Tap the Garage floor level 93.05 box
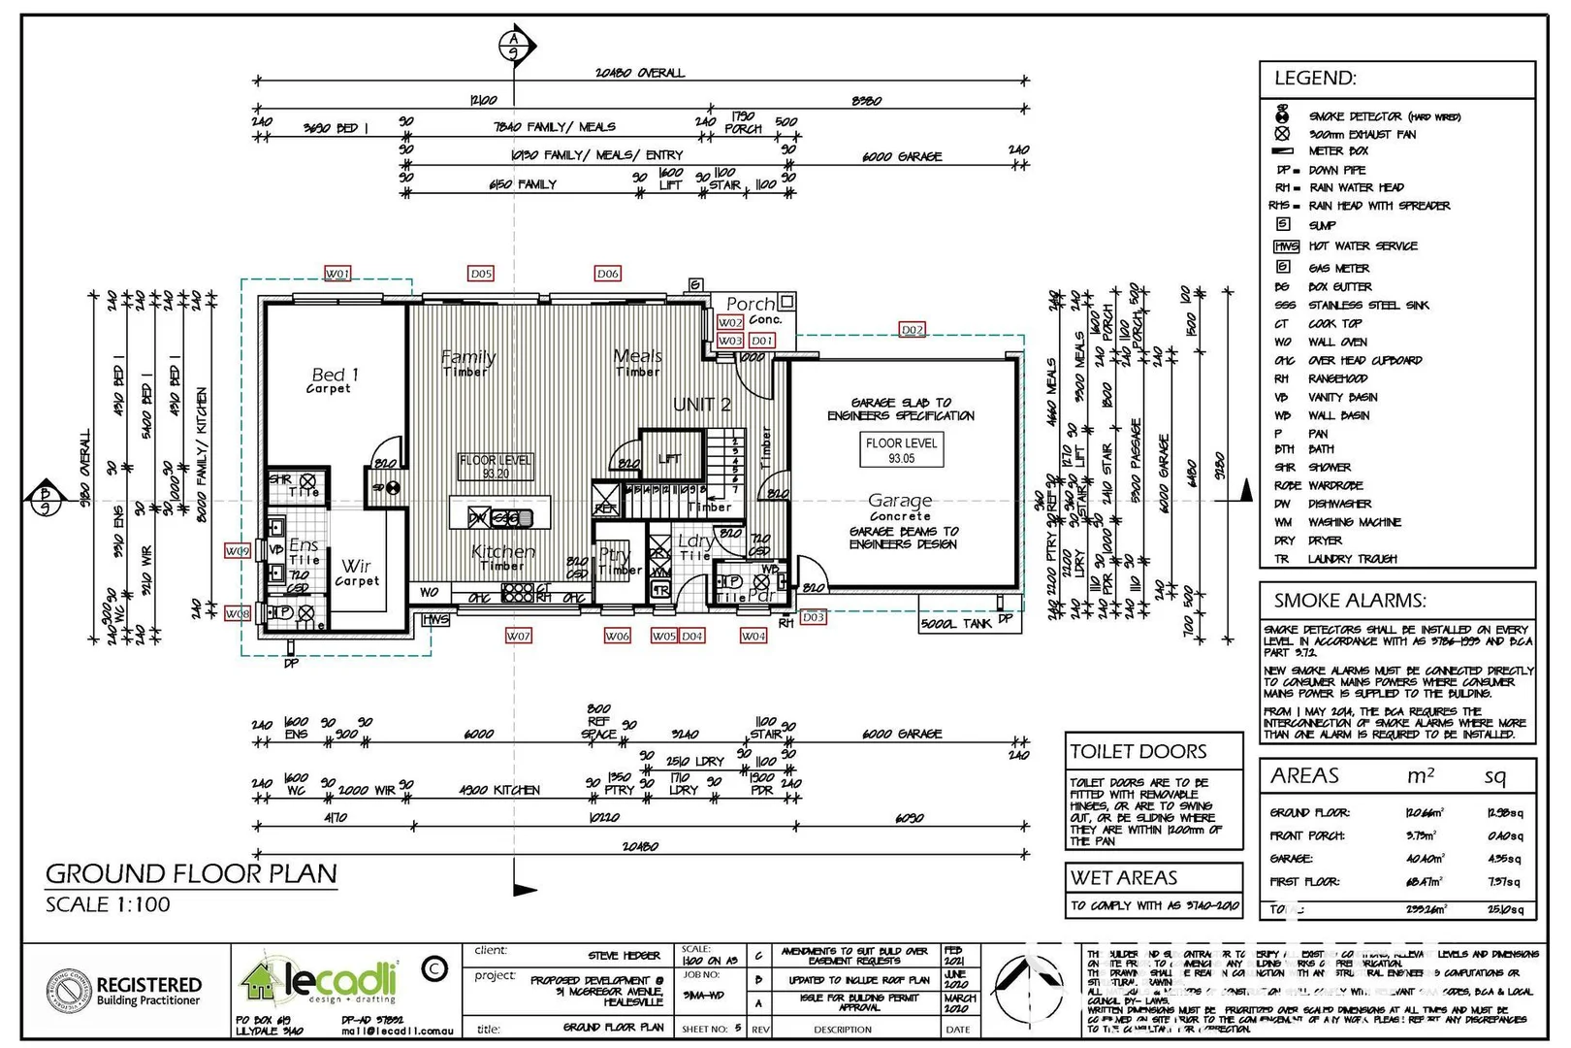(x=901, y=450)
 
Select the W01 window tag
(x=337, y=274)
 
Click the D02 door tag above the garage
(x=912, y=330)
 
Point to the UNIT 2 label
(x=702, y=405)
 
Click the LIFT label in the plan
(x=669, y=458)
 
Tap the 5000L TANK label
(x=956, y=623)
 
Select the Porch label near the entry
(x=751, y=304)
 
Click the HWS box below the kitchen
(x=436, y=619)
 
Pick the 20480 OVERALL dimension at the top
(x=639, y=73)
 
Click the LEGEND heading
(x=1315, y=79)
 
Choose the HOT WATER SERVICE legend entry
(x=1363, y=246)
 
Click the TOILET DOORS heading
(x=1138, y=752)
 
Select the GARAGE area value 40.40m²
(x=1424, y=859)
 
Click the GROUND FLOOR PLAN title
(x=191, y=873)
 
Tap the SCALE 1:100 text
(x=108, y=904)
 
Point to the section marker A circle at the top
(x=513, y=45)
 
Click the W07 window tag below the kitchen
(x=518, y=636)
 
